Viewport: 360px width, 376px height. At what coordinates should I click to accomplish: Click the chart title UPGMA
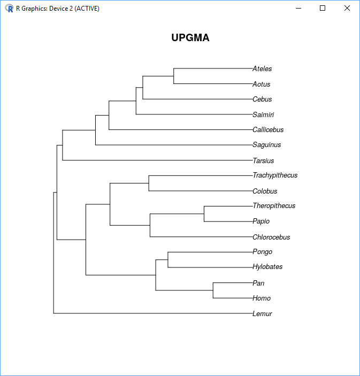190,37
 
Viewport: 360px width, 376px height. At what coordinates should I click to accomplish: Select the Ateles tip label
262,69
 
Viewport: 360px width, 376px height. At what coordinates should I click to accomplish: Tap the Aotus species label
261,84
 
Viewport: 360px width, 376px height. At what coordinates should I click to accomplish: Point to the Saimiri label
263,114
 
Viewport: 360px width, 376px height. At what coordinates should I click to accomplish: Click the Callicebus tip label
268,130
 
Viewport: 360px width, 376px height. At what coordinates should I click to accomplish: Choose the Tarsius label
263,160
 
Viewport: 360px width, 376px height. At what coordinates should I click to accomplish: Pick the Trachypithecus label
275,175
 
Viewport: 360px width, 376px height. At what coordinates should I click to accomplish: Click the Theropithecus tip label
274,206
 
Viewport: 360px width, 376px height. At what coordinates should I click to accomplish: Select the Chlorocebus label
271,237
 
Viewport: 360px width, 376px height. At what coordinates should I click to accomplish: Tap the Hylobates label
267,267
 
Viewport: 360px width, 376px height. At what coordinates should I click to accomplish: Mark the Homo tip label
262,298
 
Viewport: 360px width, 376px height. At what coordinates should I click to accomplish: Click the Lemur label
262,313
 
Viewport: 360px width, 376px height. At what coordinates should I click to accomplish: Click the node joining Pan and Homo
213,290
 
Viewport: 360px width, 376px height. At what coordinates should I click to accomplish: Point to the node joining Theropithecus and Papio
204,213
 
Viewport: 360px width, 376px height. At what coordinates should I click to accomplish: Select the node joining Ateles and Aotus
174,76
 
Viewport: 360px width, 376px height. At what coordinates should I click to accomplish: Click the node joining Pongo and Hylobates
168,260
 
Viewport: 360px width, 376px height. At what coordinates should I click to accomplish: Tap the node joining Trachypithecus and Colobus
149,183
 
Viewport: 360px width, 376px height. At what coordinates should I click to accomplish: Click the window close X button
347,8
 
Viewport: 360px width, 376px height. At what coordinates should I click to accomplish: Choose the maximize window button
323,8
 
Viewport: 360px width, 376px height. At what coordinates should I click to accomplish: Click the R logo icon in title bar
9,9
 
